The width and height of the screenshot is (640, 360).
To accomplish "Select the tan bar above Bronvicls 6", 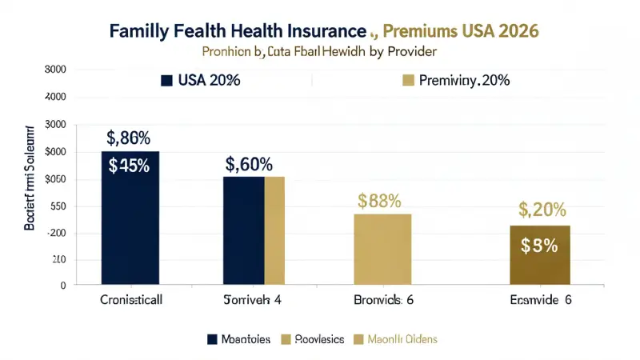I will click(x=383, y=249).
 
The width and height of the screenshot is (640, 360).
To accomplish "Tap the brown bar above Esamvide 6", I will click(x=540, y=254).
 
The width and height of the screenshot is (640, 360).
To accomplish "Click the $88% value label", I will click(x=379, y=201).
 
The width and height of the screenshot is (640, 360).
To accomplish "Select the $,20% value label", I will click(x=542, y=210).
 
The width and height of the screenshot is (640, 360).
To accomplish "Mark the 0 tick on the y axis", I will click(x=61, y=285).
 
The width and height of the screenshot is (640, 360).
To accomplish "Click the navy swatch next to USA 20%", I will click(x=167, y=80).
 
